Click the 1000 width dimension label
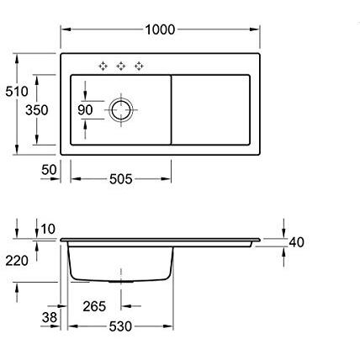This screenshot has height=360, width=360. [160, 29]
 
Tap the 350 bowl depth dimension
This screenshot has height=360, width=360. [35, 110]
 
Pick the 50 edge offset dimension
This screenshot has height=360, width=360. [49, 170]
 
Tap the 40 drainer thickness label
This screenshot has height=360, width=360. [295, 242]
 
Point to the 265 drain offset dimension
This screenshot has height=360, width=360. [94, 306]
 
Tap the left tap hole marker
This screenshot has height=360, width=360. [103, 66]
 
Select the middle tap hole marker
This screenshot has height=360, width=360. [120, 66]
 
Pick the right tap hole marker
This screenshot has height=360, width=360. [138, 66]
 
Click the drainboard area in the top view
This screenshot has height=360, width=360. [212, 109]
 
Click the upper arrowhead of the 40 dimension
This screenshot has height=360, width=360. [283, 233]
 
